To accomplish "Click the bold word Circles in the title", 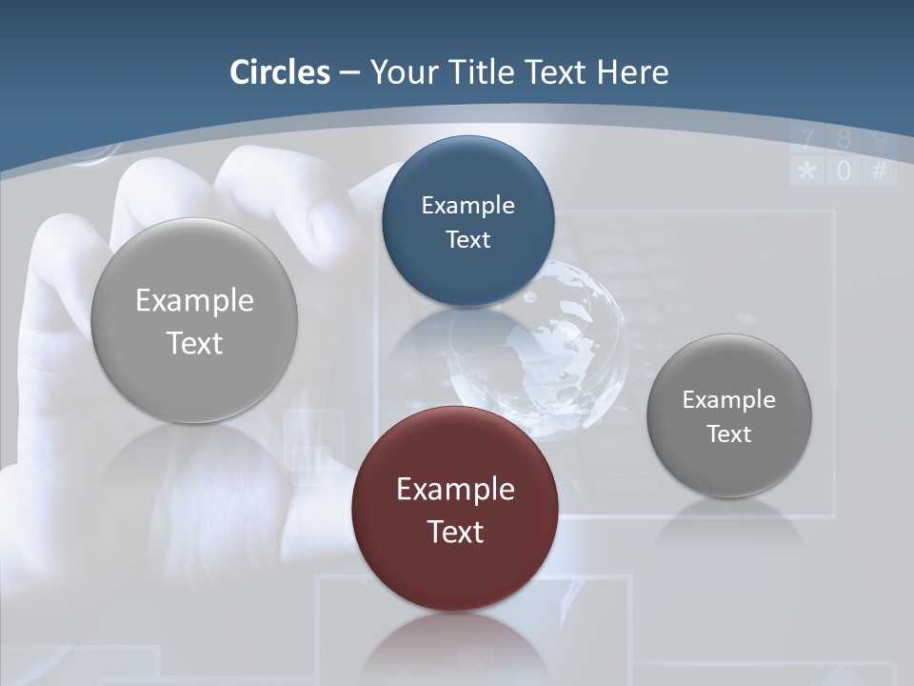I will [280, 72].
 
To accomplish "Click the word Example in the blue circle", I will [467, 205].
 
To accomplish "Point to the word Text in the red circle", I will [455, 532].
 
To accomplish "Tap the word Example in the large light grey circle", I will [194, 300].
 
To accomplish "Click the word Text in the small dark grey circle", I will [729, 434].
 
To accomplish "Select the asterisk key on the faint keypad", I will [806, 171].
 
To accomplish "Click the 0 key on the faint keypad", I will [844, 171].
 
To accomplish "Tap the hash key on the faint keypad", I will [880, 171].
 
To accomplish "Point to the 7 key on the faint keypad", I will [807, 141].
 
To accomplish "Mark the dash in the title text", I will [349, 73].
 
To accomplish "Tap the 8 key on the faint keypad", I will [844, 141].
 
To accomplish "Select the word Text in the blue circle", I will [467, 239].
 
